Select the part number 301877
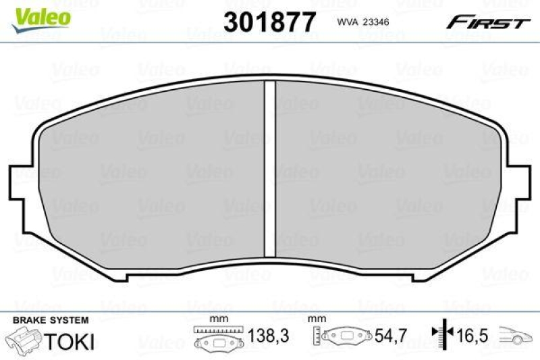[269, 22]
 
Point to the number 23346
[377, 22]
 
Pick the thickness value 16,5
[473, 336]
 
